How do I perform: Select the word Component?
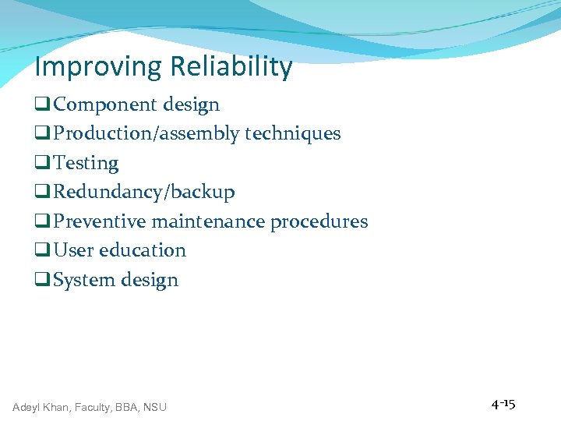tap(102, 104)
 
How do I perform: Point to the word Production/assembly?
tap(147, 134)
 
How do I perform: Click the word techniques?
tap(293, 134)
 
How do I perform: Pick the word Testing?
tap(86, 164)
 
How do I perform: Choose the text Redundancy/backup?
tap(144, 192)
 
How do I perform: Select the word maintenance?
tap(208, 221)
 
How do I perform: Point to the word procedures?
tap(319, 221)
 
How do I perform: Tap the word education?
tap(143, 250)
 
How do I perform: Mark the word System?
tap(82, 280)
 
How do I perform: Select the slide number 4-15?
tap(503, 405)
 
